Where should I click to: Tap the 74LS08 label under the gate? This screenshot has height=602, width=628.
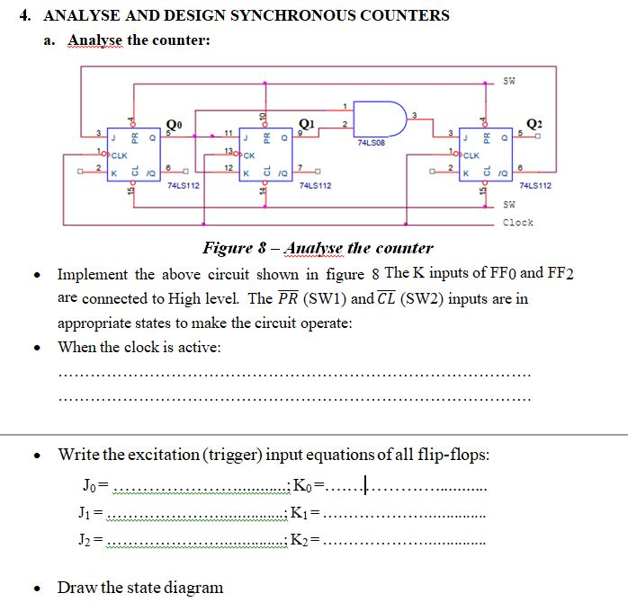[372, 142]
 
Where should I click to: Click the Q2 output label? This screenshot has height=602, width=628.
[535, 124]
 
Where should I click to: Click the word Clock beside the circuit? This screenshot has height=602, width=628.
[517, 222]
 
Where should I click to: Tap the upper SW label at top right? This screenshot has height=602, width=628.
[509, 80]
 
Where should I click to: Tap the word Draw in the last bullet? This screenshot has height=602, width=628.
[77, 588]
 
